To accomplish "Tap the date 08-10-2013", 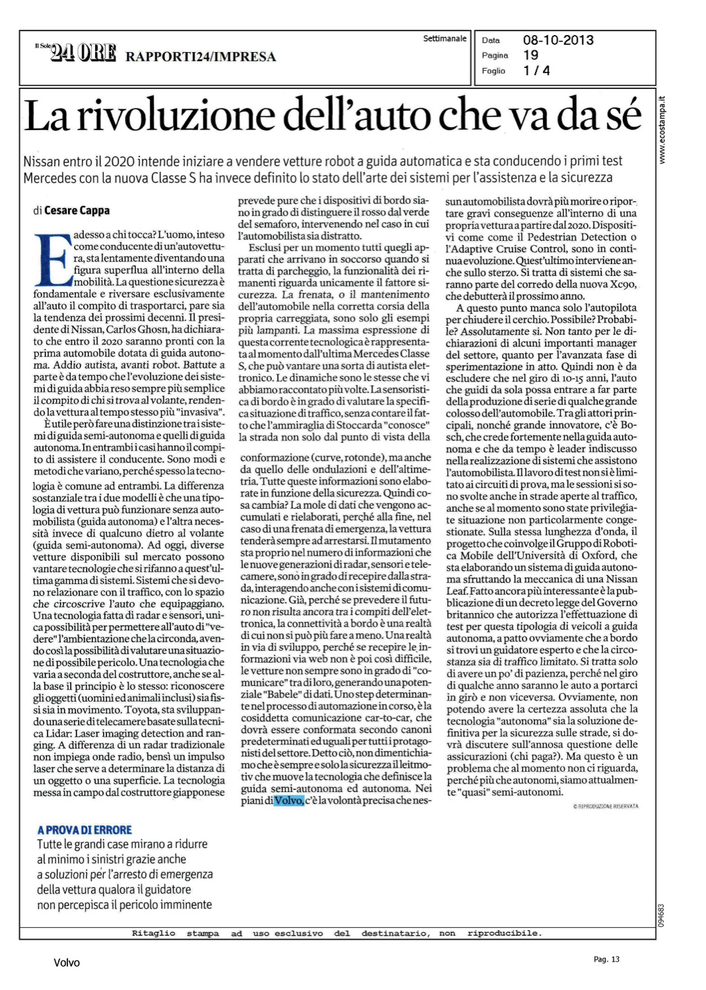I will point(558,40).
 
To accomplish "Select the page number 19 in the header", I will point(530,55).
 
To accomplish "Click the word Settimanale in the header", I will point(444,39).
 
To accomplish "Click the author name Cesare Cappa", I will point(77,211).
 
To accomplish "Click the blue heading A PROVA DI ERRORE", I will point(85,830).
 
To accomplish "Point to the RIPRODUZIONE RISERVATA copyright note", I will point(606,806).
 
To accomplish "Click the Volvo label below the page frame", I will point(67,963).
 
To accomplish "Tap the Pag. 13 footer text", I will point(606,959).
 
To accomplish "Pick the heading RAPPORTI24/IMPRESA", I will point(201,57).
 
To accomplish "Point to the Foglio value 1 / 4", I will point(536,71).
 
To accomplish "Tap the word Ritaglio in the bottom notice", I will point(153,933).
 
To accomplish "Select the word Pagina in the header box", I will point(495,55).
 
